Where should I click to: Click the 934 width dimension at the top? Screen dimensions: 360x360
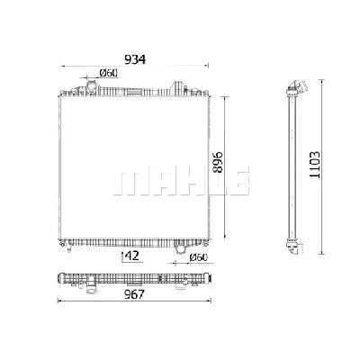click(132, 59)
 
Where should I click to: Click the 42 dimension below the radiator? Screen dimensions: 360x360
click(132, 256)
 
